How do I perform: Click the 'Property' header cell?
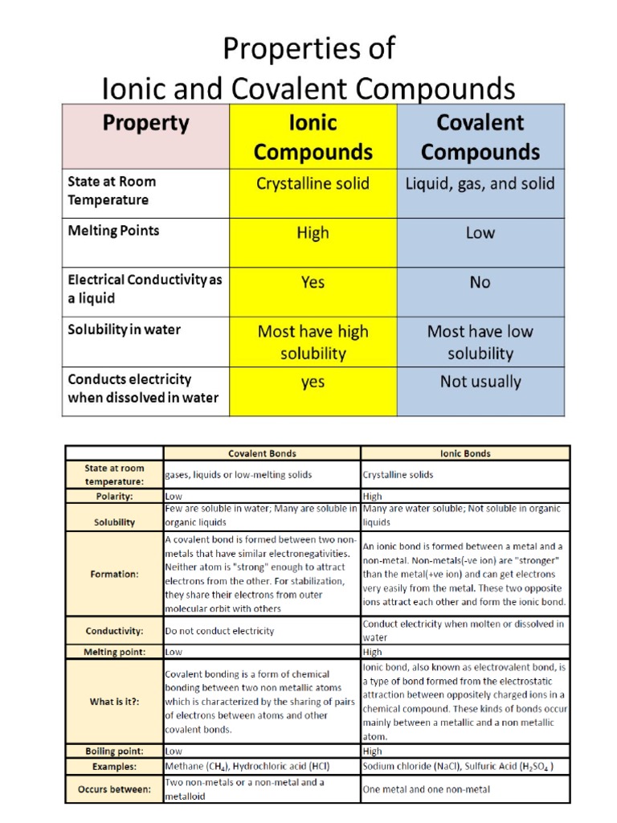(145, 124)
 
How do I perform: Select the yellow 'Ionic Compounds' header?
(313, 137)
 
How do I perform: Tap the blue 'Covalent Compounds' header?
(480, 137)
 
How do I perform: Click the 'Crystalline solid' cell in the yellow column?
(313, 184)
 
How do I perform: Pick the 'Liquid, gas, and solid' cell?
(480, 184)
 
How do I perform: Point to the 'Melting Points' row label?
(113, 231)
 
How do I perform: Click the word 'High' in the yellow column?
(313, 233)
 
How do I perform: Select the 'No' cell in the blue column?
(480, 282)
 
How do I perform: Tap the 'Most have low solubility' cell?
(480, 342)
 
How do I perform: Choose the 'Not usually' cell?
(480, 382)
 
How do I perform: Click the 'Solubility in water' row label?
(125, 330)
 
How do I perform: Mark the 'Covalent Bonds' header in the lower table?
(261, 453)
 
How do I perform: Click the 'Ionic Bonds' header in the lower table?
(465, 453)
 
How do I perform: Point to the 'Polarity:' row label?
(114, 497)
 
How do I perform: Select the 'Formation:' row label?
(114, 574)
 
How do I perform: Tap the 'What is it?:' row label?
(114, 701)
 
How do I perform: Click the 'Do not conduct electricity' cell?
(219, 631)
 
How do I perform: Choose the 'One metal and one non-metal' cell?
(427, 789)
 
